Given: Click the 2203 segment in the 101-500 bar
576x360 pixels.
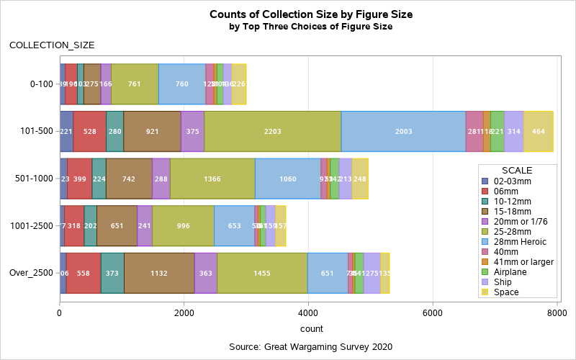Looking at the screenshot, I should [272, 132].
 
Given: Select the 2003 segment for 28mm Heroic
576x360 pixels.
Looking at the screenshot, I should [403, 132].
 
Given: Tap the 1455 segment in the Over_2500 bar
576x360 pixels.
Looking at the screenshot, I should [262, 274].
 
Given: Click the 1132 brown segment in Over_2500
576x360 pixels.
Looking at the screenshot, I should [159, 274].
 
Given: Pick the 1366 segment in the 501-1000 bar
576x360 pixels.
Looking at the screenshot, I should [212, 179].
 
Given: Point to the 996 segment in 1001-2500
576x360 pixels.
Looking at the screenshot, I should [183, 226].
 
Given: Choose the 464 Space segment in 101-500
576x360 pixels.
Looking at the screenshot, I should [538, 132].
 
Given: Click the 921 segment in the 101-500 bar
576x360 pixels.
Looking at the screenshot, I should [152, 132].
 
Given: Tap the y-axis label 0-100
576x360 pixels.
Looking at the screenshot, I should [42, 84].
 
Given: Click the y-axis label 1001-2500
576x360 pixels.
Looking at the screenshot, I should [30, 226].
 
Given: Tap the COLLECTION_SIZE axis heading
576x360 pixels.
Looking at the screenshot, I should [52, 45].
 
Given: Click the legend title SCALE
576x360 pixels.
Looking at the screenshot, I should [516, 169].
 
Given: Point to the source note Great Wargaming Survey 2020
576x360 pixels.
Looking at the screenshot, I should [310, 347].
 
